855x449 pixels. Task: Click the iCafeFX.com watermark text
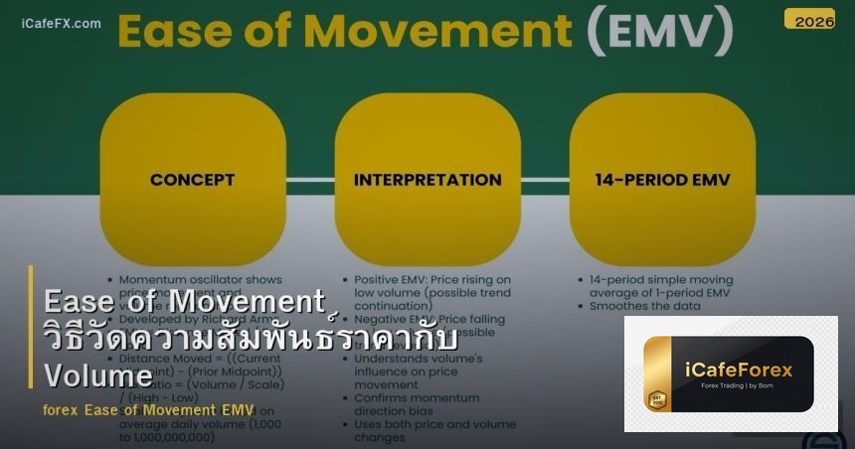[x=61, y=23]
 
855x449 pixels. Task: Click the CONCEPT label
[x=193, y=180]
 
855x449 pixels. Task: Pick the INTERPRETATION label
[x=427, y=180]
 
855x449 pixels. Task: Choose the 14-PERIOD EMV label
[x=662, y=180]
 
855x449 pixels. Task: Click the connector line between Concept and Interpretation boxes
[x=310, y=180]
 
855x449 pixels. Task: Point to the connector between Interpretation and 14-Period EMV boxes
[x=545, y=180]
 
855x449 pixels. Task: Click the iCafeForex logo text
[x=739, y=371]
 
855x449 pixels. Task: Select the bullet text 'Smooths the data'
[x=645, y=306]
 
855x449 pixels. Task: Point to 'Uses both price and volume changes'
[x=434, y=430]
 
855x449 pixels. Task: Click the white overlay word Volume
[x=98, y=375]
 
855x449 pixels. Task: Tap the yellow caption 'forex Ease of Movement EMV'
[x=149, y=409]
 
